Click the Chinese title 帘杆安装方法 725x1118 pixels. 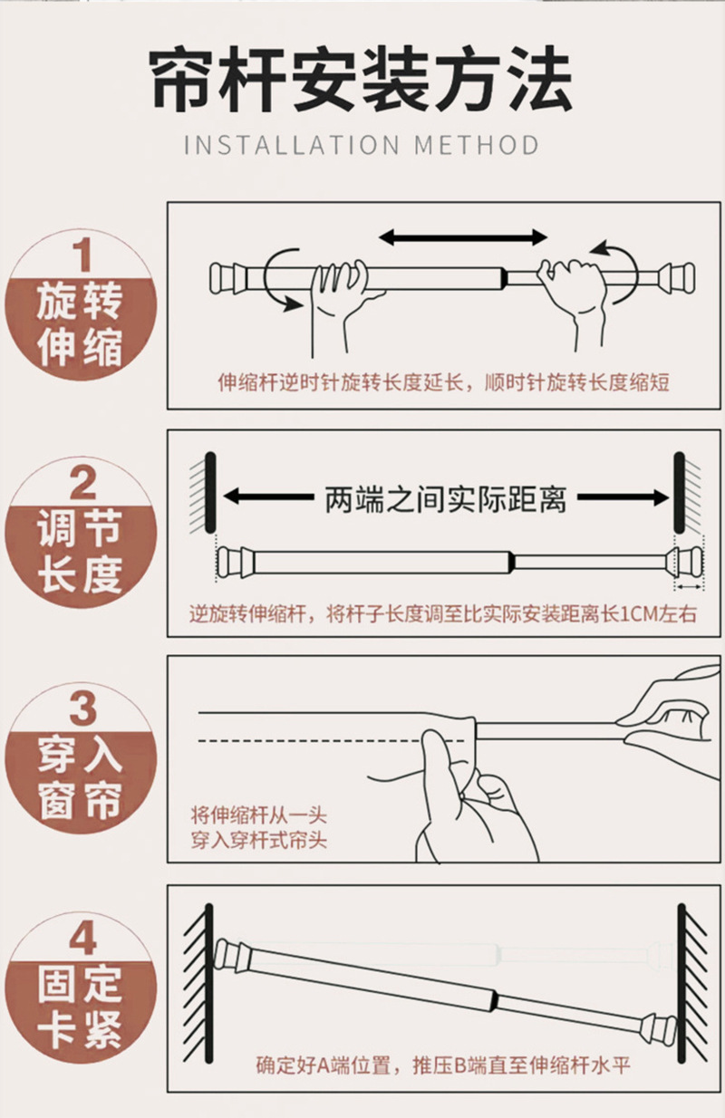pyautogui.click(x=362, y=78)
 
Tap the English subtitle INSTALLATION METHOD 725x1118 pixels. pyautogui.click(x=362, y=145)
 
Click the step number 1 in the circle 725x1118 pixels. pyautogui.click(x=82, y=255)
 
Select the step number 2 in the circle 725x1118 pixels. pyautogui.click(x=82, y=482)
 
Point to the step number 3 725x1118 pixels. pyautogui.click(x=82, y=708)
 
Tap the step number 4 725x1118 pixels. pyautogui.click(x=82, y=939)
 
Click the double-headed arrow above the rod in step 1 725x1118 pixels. pyautogui.click(x=463, y=237)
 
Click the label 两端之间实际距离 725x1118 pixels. pyautogui.click(x=445, y=499)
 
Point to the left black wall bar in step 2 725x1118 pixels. pyautogui.click(x=209, y=493)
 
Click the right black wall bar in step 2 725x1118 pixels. pyautogui.click(x=679, y=493)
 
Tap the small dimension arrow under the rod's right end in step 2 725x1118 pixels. pyautogui.click(x=689, y=587)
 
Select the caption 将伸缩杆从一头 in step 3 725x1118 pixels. pyautogui.click(x=259, y=815)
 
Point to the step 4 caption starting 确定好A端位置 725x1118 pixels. pyautogui.click(x=443, y=1066)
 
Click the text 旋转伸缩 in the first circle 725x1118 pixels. pyautogui.click(x=80, y=323)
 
